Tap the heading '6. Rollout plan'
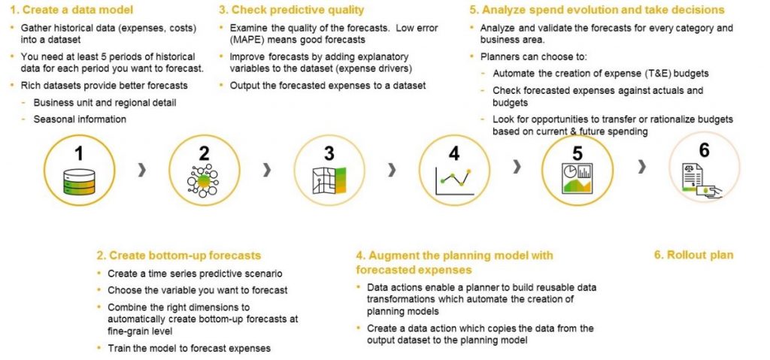click(693, 255)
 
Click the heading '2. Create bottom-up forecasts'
click(178, 256)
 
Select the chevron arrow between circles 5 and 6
click(641, 168)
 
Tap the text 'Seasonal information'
click(80, 119)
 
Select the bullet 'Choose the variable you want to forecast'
click(197, 289)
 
